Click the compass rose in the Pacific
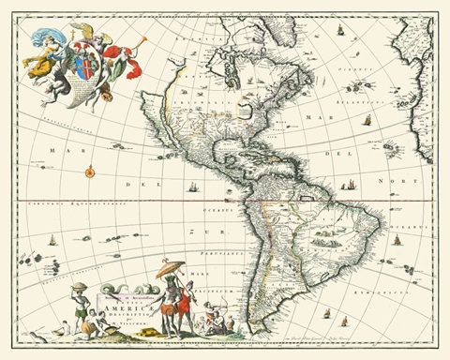[x=90, y=172]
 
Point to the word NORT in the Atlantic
[x=403, y=179]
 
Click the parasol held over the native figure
[x=170, y=270]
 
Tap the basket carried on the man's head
[x=80, y=286]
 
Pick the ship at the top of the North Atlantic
[x=340, y=31]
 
